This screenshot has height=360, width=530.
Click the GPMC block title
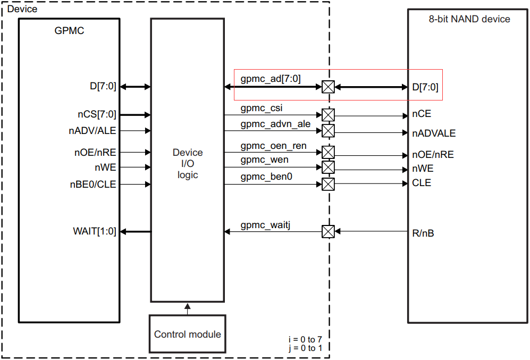click(x=69, y=31)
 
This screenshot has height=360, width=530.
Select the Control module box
click(x=187, y=334)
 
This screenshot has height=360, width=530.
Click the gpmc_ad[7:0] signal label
click(x=271, y=79)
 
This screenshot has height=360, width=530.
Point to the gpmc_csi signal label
click(x=262, y=108)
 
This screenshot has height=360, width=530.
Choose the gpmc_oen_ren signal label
click(x=273, y=146)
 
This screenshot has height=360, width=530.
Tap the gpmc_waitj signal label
click(x=265, y=225)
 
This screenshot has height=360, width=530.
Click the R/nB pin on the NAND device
click(x=423, y=233)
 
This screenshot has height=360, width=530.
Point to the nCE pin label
click(x=421, y=114)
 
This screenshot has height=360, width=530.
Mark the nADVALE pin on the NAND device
click(x=433, y=133)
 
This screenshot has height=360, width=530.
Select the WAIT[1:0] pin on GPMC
click(x=95, y=231)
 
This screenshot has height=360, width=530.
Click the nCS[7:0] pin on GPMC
click(x=97, y=114)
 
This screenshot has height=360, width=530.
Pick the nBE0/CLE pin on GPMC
click(x=93, y=185)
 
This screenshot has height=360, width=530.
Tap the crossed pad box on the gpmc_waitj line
click(x=329, y=231)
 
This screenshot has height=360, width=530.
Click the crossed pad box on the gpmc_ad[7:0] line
click(x=329, y=87)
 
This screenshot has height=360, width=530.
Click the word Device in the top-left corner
click(x=22, y=9)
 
